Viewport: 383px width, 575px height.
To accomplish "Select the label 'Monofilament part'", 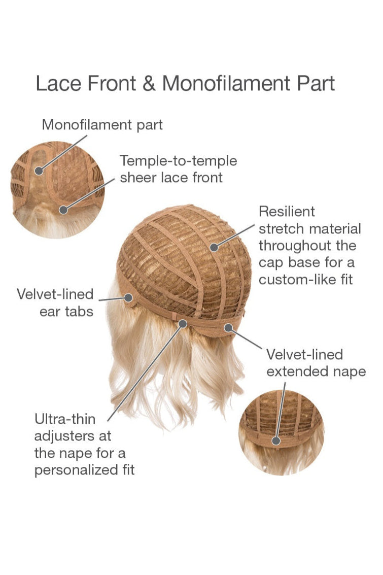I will point(102,124).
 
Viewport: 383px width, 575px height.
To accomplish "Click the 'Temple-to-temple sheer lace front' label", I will point(178,169).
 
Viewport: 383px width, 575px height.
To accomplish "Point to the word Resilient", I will point(287,211).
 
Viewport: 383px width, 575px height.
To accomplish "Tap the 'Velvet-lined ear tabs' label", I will point(55,302).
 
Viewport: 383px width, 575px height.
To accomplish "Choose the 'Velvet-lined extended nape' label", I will point(316,362).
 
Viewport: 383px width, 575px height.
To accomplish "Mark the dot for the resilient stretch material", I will point(214,247).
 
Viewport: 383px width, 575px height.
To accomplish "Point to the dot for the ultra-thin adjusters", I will point(182,323).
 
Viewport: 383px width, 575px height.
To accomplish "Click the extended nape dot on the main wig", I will point(228,328).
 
